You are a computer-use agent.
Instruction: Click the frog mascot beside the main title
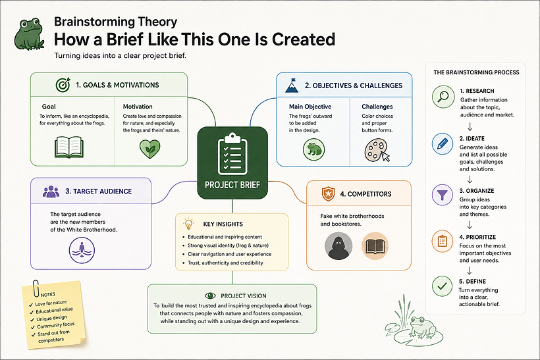(x=29, y=34)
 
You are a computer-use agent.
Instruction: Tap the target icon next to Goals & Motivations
(x=63, y=85)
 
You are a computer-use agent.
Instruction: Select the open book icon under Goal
(x=69, y=147)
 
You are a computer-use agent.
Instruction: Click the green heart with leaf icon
(x=149, y=149)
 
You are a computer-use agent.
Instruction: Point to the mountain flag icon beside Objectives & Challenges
(x=292, y=86)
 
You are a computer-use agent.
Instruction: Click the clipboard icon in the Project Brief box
(x=232, y=153)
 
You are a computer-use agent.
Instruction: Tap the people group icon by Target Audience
(x=51, y=192)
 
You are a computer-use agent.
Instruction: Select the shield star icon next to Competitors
(x=328, y=193)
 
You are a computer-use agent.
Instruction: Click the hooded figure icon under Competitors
(x=338, y=245)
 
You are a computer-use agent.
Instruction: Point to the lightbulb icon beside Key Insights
(x=188, y=224)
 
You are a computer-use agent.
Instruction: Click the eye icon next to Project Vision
(x=210, y=296)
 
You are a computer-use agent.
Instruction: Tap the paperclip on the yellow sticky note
(x=36, y=288)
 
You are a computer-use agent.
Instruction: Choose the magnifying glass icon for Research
(x=443, y=97)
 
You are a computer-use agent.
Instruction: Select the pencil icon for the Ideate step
(x=443, y=144)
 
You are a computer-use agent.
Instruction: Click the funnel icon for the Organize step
(x=442, y=195)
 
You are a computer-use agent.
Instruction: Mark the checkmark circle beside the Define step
(x=442, y=286)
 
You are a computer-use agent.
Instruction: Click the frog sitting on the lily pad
(x=421, y=327)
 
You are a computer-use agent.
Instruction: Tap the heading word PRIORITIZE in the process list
(x=481, y=237)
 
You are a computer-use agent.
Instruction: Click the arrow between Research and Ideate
(x=470, y=127)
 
